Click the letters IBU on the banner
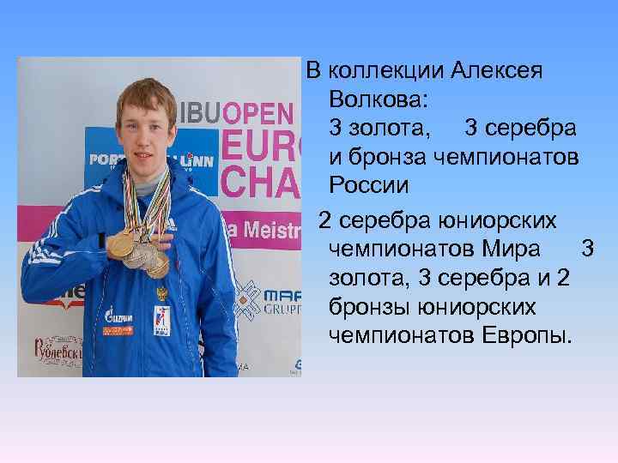tap(197, 113)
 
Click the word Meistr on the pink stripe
tap(273, 228)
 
